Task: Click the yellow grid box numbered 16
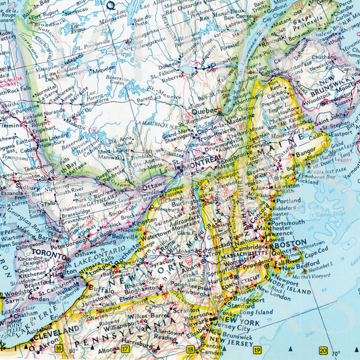tap(59, 349)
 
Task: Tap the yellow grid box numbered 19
tap(257, 349)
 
